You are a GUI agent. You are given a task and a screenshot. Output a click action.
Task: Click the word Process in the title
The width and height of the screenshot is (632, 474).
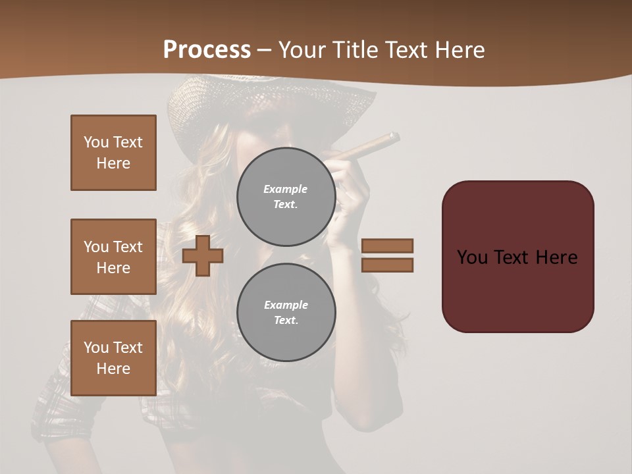coord(207,50)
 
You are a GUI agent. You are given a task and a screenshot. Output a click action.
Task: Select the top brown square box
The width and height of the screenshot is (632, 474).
coord(113,153)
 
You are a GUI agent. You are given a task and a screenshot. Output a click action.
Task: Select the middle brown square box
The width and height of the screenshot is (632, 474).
coord(113,257)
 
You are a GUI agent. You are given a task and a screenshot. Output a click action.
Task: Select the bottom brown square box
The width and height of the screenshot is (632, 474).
coord(113,358)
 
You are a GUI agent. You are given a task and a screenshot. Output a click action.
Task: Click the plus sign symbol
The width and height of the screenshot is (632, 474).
coord(202,255)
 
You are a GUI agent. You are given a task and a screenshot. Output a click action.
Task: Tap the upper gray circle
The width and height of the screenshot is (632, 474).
coord(286,196)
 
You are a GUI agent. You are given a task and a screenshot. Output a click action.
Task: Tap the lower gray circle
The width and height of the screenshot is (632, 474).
coord(286,312)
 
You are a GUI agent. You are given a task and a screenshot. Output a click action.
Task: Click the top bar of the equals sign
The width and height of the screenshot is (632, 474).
coord(387,246)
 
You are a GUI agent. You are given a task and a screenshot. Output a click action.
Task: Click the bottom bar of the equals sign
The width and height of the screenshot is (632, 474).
coord(387,265)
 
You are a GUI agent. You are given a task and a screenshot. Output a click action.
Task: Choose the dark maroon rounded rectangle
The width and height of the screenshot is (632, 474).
coord(517,256)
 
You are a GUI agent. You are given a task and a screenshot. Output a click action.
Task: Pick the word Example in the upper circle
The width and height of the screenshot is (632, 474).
coord(285,189)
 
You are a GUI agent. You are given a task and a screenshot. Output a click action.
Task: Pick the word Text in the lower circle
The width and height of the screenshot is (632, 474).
coord(285,320)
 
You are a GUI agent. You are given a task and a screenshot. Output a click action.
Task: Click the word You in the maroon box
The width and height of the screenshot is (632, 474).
coord(472,257)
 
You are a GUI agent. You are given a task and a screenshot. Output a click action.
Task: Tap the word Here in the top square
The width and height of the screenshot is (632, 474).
coord(113,163)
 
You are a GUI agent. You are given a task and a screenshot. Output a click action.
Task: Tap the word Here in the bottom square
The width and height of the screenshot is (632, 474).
coord(113,369)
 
